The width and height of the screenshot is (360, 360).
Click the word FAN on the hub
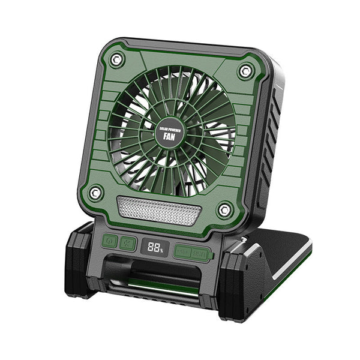coord(169,136)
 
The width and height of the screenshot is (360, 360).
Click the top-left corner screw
coord(117,59)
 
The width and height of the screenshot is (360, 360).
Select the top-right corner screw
coord(244,71)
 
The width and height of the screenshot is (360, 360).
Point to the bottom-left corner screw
coord(95,192)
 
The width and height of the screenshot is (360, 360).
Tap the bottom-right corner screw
coord(224,209)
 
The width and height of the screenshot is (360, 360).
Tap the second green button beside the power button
coord(128,243)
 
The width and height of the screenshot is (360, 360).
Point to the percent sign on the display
coord(160,248)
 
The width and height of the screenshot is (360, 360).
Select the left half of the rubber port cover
coord(182,251)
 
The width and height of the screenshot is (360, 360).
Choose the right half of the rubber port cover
coord(200,254)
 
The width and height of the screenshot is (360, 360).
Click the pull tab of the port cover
coord(211,255)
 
